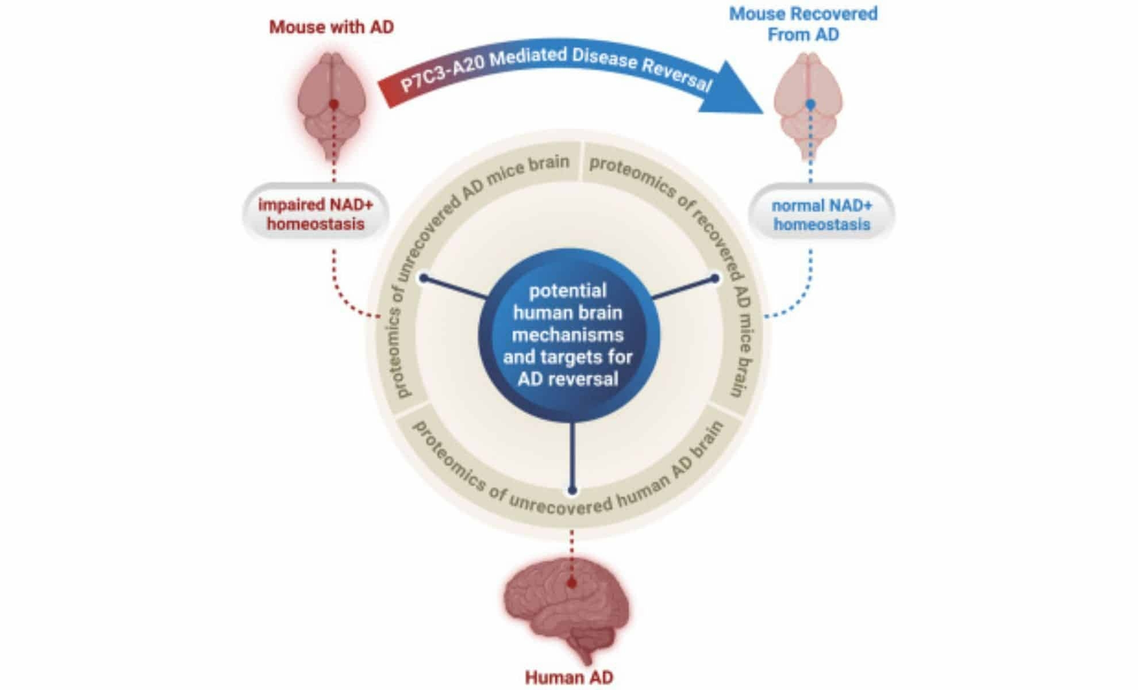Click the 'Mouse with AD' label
pyautogui.click(x=331, y=27)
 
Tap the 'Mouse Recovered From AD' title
pyautogui.click(x=803, y=24)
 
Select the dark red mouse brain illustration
pyautogui.click(x=332, y=103)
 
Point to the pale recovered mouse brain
pyautogui.click(x=809, y=103)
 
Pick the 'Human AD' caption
pyautogui.click(x=568, y=677)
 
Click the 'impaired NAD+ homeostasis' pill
pyautogui.click(x=316, y=214)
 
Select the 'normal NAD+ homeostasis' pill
pyautogui.click(x=821, y=214)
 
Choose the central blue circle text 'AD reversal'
pyautogui.click(x=568, y=379)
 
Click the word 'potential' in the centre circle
pyautogui.click(x=568, y=290)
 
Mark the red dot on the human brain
pyautogui.click(x=571, y=583)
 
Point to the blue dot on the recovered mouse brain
pyautogui.click(x=810, y=104)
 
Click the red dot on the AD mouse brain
pyautogui.click(x=333, y=104)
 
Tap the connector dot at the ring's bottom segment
pyautogui.click(x=572, y=490)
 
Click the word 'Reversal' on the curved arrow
pyautogui.click(x=676, y=74)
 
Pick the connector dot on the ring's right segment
pyautogui.click(x=715, y=278)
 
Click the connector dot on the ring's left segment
pyautogui.click(x=424, y=278)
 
